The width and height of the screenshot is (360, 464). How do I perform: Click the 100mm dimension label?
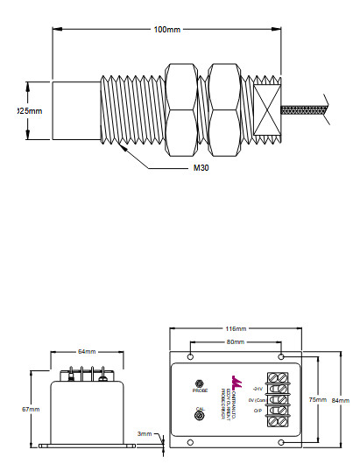coord(167,29)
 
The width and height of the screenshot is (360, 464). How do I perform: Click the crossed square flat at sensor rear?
coord(266,110)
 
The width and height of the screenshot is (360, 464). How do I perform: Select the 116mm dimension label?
coord(236,330)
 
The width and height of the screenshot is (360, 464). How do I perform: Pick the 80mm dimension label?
coord(236,341)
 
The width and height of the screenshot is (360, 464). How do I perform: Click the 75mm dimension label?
coord(317,400)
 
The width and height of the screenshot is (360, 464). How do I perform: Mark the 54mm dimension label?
coord(87,352)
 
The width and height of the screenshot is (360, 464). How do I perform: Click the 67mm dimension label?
coord(32,409)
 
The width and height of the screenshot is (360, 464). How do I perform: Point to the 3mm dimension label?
coord(145,433)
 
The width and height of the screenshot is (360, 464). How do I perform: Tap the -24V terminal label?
coord(257,387)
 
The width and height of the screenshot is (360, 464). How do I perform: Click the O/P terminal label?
coord(257,411)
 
